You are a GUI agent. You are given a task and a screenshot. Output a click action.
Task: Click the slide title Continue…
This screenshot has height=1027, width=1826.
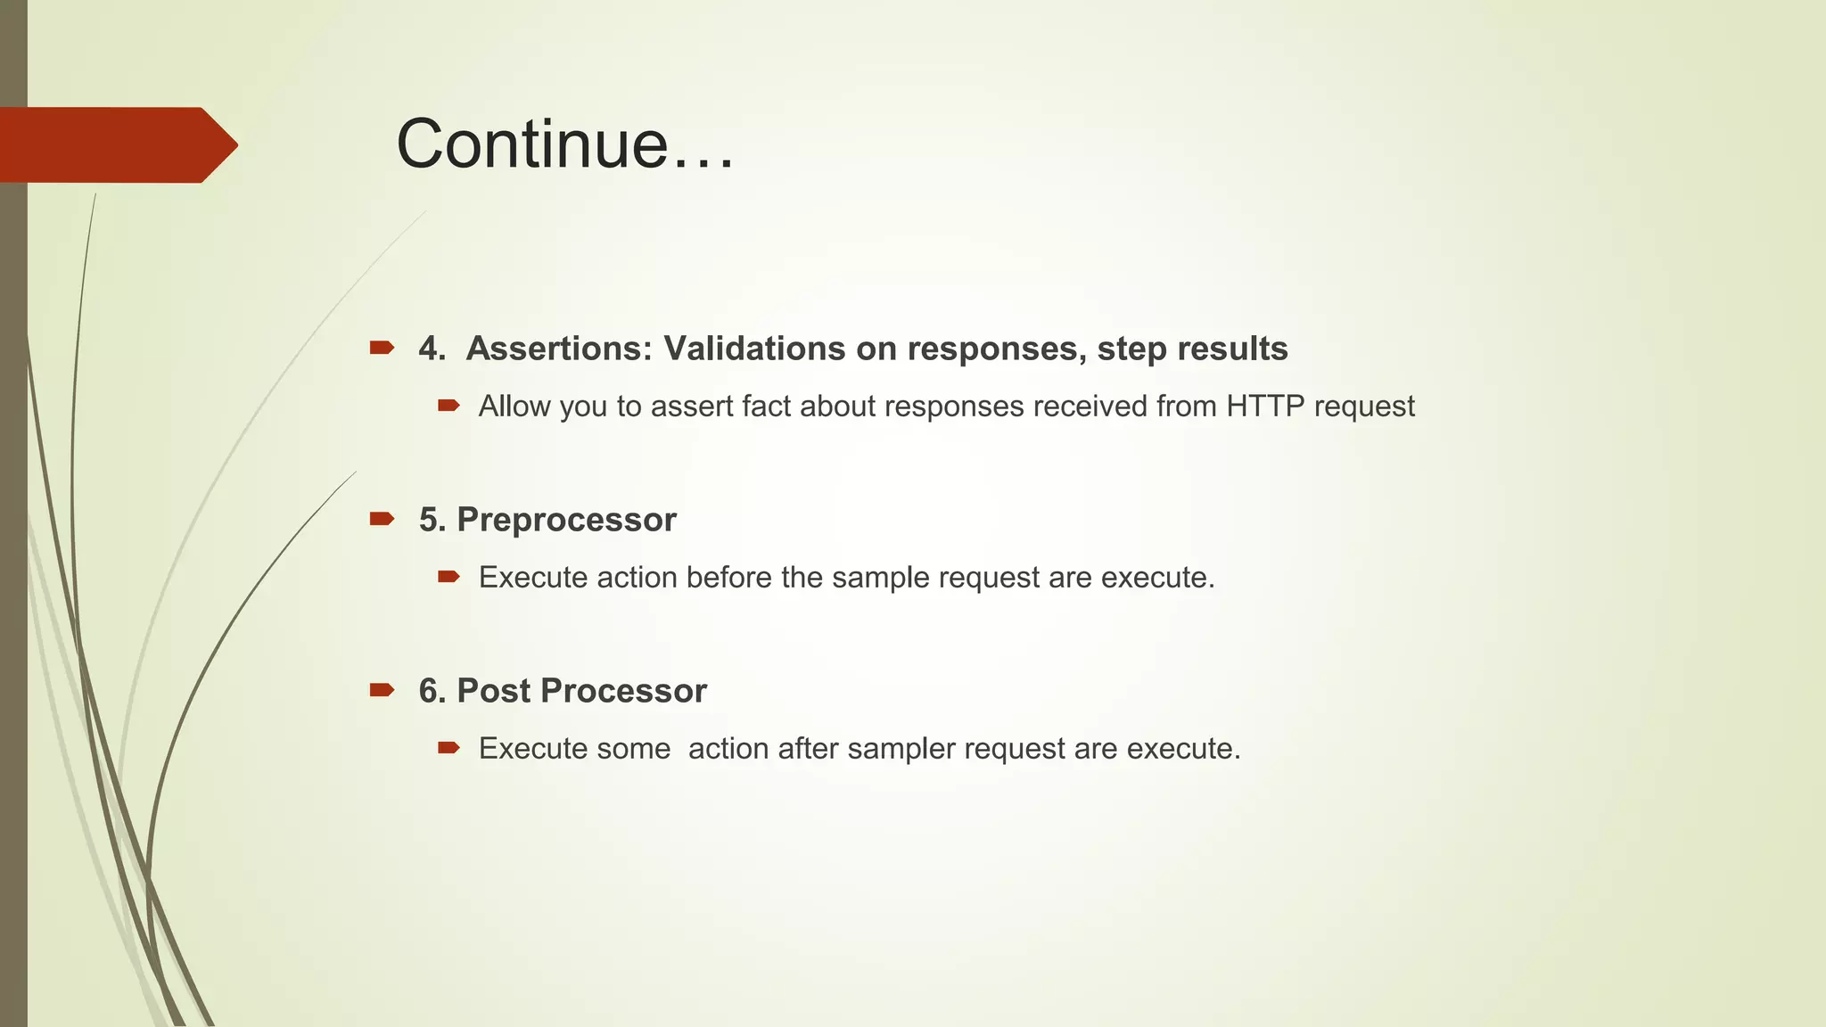coord(564,144)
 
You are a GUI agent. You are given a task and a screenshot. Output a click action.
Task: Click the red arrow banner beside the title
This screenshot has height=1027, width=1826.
coord(116,144)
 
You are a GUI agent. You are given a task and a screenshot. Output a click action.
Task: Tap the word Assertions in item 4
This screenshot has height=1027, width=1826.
coord(558,349)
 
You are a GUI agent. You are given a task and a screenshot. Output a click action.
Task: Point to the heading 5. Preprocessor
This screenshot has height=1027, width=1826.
coord(547,520)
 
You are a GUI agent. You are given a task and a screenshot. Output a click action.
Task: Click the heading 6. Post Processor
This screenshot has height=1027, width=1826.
coord(563,691)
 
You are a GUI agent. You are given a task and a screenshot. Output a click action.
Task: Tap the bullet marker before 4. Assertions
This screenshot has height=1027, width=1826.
coord(382,348)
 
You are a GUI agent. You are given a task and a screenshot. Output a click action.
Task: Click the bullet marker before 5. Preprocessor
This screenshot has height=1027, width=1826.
coord(382,519)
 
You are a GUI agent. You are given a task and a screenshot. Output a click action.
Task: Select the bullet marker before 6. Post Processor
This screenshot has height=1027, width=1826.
coord(382,690)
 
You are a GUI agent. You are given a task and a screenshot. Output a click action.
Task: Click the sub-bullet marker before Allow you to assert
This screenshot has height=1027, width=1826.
coord(448,407)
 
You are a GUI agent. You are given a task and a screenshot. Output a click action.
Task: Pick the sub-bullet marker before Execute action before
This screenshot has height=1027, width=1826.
coord(448,578)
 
